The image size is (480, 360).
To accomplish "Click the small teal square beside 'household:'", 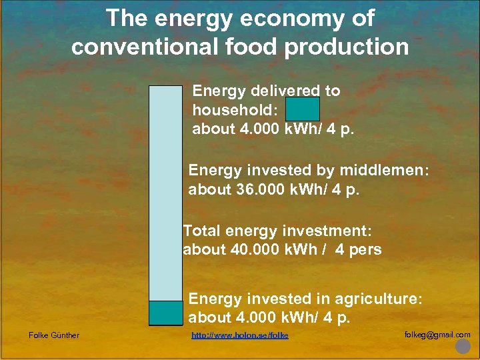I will [303, 109].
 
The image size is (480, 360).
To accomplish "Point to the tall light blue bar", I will [165, 193].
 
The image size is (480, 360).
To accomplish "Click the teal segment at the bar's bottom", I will [165, 313].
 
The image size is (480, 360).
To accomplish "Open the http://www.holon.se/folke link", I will [240, 335].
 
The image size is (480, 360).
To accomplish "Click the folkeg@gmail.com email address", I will [437, 335].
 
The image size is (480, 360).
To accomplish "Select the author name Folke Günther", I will [54, 335].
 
